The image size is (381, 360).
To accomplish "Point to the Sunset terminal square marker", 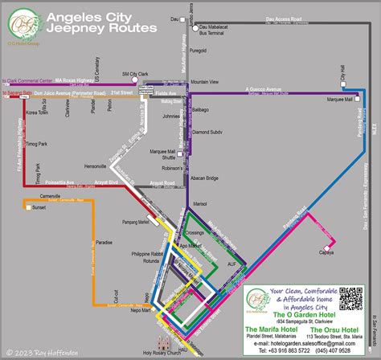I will pyautogui.click(x=30, y=207).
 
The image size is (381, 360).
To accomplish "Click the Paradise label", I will pyautogui.click(x=104, y=243).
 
